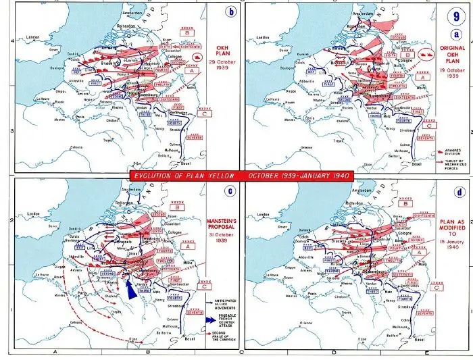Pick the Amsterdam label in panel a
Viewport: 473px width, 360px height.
[x=366, y=13]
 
